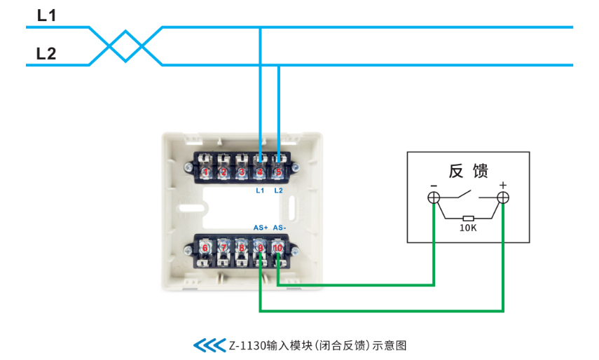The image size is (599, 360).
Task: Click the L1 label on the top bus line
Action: (x=47, y=15)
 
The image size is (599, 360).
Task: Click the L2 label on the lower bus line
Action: (x=46, y=53)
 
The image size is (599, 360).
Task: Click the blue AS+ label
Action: (x=261, y=228)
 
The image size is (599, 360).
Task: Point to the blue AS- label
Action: (x=280, y=228)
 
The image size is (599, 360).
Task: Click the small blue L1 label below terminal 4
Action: (x=260, y=191)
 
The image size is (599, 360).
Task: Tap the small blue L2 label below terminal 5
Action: (x=279, y=191)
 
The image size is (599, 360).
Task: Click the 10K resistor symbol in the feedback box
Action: (x=469, y=219)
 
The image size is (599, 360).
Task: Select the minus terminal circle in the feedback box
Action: (x=434, y=198)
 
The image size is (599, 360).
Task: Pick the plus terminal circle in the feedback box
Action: (x=503, y=198)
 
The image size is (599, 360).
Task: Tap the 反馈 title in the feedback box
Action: (x=469, y=171)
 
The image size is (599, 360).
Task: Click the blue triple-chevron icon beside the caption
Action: (x=209, y=345)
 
